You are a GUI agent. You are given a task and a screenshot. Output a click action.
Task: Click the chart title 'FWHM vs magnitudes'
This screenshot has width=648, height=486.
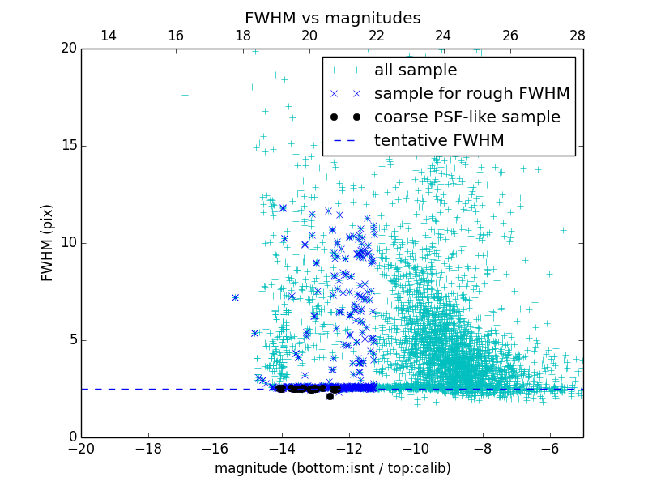point(333,18)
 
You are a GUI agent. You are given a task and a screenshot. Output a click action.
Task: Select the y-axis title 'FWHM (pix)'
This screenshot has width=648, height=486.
point(48,243)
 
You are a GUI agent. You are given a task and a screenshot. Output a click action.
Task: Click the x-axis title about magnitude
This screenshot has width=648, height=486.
point(333,468)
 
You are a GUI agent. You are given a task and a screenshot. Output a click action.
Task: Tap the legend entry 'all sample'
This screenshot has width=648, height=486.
point(416,70)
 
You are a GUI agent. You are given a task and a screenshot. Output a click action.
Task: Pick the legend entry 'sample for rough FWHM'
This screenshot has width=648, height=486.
point(471,94)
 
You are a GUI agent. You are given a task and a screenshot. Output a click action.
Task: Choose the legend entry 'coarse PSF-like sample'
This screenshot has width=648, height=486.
point(467,117)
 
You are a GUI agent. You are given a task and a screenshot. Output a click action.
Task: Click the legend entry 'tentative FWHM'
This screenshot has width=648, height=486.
point(439,141)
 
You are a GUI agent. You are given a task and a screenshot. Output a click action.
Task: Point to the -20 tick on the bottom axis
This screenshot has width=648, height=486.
point(81,448)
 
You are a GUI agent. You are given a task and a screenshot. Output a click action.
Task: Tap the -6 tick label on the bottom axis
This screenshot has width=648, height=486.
point(549,448)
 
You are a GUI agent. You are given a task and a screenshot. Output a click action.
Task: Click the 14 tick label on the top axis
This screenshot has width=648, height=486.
point(109,36)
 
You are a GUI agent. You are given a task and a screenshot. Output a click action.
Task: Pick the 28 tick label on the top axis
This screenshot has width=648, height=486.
point(577,36)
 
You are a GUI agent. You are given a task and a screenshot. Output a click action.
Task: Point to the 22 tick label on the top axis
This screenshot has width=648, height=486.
point(376,36)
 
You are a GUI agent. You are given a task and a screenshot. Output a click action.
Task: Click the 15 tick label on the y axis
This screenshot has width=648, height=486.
point(67,146)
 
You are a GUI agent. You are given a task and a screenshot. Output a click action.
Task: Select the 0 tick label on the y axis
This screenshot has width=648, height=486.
point(71,437)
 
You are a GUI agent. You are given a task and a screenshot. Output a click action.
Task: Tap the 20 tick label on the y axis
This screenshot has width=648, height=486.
point(67,49)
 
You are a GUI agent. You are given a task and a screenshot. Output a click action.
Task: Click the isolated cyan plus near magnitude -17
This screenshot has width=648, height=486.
point(185,95)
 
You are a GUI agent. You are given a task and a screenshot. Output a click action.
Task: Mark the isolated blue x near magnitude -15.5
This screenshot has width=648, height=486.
point(235,297)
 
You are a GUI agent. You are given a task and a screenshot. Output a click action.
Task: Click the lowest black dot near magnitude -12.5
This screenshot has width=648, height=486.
point(330,396)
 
